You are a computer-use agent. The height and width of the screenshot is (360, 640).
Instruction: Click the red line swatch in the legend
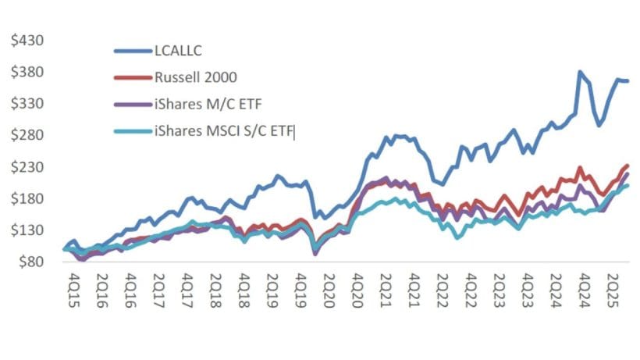[x=130, y=79]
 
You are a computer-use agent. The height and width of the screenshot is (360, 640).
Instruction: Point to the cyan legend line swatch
[x=130, y=133]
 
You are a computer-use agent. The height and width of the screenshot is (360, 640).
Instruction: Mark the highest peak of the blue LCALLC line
[x=579, y=73]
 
